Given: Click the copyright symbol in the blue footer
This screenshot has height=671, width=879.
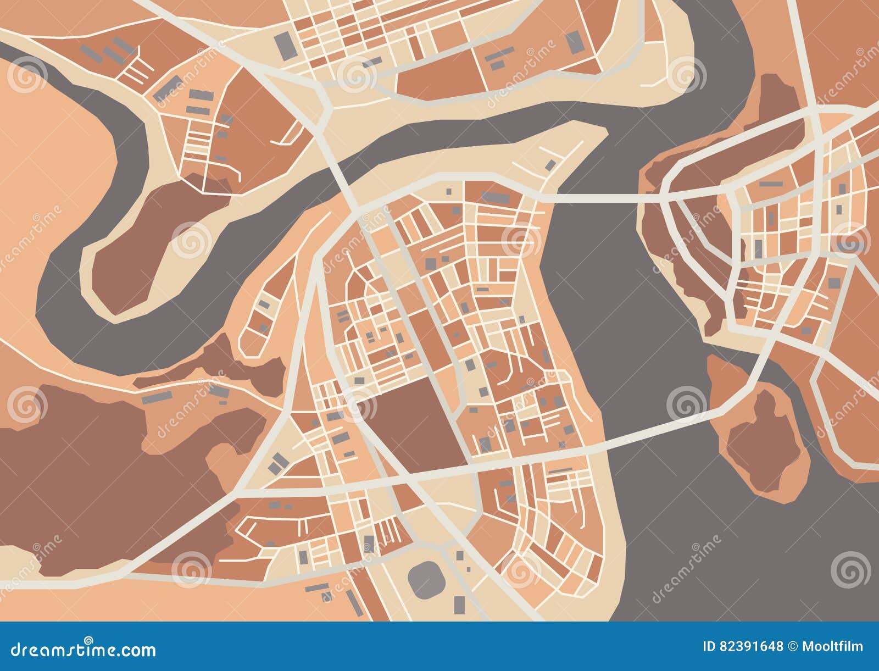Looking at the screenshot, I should coord(794,647).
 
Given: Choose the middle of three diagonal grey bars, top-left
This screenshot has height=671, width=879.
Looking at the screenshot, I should coord(112,54).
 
